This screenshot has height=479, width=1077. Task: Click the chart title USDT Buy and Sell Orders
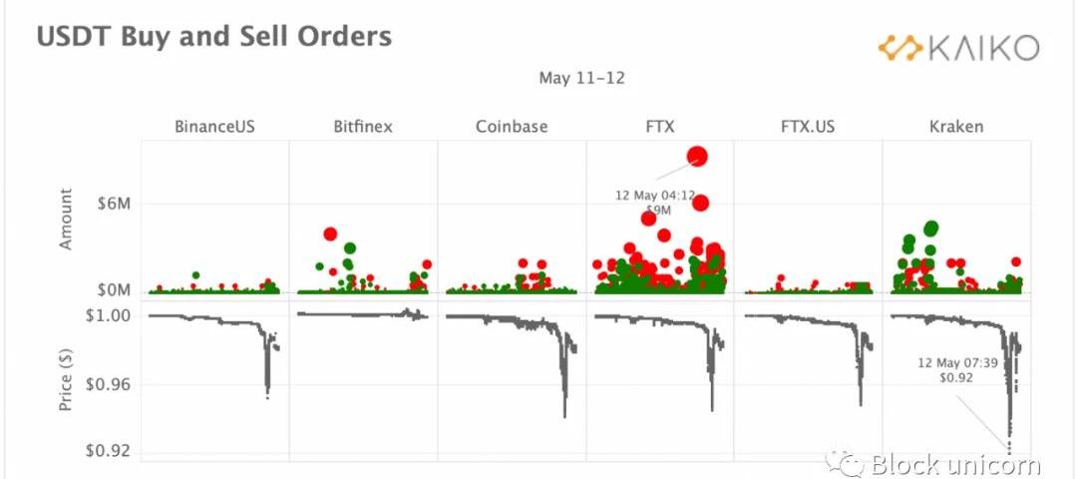pos(213,37)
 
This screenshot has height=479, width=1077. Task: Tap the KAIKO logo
pos(958,46)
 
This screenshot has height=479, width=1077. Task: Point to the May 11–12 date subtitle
pos(581,78)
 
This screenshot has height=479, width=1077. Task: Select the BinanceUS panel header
pos(213,127)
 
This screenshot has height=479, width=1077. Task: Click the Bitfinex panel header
pos(363,127)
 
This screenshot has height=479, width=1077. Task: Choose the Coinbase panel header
pos(512,127)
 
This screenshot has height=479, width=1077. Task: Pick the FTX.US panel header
pos(809,127)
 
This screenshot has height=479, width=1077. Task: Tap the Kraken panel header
pos(955,127)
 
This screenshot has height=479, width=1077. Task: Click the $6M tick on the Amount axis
pos(113,205)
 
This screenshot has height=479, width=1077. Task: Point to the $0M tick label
pos(113,290)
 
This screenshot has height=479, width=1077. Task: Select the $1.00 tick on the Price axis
pos(109,316)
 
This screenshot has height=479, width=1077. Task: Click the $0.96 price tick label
pos(109,385)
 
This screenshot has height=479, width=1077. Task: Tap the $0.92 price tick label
pos(109,450)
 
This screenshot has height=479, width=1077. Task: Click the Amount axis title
pos(67,219)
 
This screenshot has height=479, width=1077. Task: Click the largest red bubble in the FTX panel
pos(697,156)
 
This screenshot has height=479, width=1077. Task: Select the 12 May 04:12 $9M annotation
pos(655,203)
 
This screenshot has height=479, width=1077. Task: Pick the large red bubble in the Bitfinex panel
pos(331,234)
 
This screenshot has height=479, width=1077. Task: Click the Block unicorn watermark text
pos(954,464)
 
